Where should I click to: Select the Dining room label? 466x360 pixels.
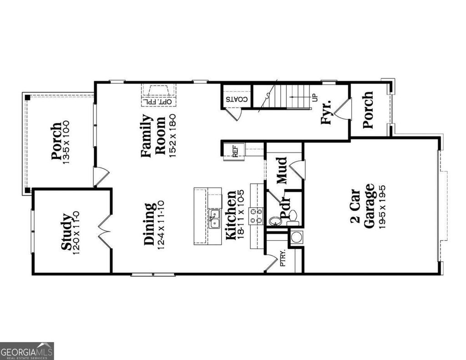coord(150,224)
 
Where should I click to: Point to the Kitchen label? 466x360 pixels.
coord(231,215)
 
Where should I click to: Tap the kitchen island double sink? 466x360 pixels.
coord(214,218)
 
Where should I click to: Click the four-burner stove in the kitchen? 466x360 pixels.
coord(256,215)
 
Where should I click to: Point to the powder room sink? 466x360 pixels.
coord(275,221)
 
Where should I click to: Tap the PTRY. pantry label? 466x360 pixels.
coord(283,258)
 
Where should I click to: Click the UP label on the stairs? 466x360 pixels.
coord(314,97)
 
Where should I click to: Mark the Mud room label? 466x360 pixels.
coord(282,170)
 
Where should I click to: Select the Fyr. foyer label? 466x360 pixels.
coord(326,112)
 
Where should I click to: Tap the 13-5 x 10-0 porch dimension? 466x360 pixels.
coord(66,142)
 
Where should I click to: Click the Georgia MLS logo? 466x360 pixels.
coord(27,351)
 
